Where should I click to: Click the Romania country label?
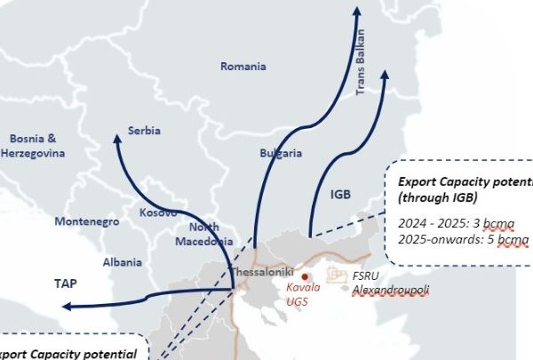point(243,67)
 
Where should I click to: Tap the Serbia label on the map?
point(144,131)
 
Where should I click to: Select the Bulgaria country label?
point(281,153)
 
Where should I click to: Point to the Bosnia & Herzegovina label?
point(33,147)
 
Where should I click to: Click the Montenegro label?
point(87,221)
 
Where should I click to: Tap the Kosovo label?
point(158,213)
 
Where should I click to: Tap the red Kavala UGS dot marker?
point(304,276)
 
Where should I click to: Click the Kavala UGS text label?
point(306,295)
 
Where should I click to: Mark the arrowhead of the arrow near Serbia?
point(117,138)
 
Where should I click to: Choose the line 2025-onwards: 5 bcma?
point(463,240)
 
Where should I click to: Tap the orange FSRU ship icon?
point(337,275)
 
